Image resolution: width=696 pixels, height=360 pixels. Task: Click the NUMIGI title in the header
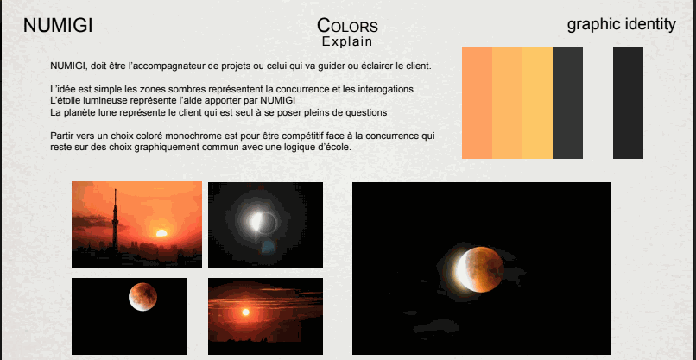pos(58,26)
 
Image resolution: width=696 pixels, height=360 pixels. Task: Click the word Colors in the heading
pos(347,26)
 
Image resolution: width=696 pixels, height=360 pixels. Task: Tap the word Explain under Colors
pos(347,41)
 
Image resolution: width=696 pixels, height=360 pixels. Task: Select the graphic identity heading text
pos(621,24)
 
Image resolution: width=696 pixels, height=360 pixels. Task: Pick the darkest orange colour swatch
pos(477,104)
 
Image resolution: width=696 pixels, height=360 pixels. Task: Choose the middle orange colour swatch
pos(507,104)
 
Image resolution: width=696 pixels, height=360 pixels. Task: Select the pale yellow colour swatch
pos(537,104)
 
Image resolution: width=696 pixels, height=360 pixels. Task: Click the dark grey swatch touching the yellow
pos(567,104)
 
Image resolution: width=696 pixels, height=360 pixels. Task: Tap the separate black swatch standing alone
pos(628,104)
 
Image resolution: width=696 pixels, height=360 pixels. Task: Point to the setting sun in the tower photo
pos(161,232)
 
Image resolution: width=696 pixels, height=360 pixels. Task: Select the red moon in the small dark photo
pos(142,296)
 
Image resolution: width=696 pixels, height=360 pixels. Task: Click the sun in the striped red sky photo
pos(246,312)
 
